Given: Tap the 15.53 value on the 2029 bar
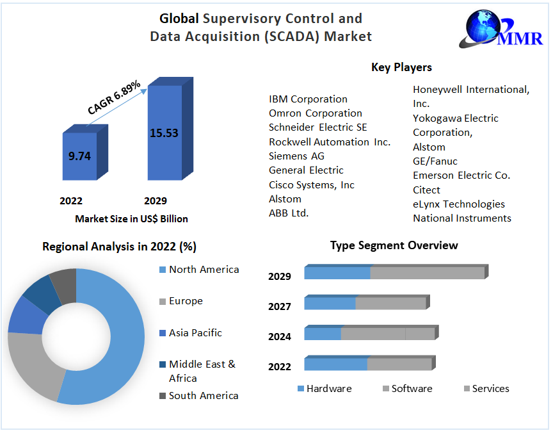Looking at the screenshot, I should click(x=164, y=133).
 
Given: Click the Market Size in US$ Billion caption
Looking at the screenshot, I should click(x=131, y=219).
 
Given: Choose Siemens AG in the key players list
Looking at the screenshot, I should click(x=296, y=156).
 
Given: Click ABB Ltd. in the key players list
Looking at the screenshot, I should click(x=289, y=213).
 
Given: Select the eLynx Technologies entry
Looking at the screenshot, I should click(x=458, y=204).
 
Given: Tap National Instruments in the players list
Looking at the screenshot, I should click(x=461, y=218).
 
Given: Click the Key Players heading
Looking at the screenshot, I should click(x=401, y=67).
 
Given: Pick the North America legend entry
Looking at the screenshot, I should click(x=204, y=270).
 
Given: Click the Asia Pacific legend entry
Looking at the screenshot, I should click(x=195, y=333).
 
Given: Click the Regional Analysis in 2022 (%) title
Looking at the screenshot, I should click(x=119, y=246).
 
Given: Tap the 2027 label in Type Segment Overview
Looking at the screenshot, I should click(x=280, y=306).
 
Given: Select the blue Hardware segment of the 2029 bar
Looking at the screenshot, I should click(x=337, y=273).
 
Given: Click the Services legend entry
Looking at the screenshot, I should click(x=490, y=389).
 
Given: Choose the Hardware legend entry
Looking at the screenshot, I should click(x=328, y=389).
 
